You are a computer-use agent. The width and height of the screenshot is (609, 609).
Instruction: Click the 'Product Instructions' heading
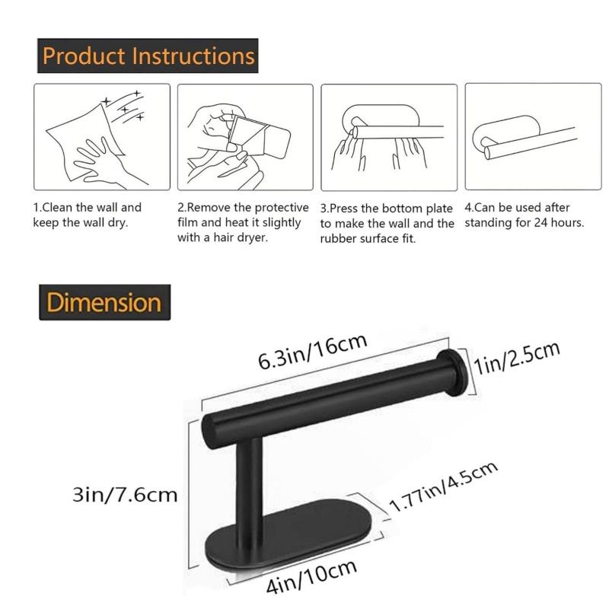point(148,56)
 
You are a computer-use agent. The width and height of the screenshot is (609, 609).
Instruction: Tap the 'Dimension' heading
point(104,302)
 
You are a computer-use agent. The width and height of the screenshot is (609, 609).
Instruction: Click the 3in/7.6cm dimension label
point(125,495)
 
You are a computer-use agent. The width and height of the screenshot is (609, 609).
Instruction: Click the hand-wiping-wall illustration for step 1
point(101,136)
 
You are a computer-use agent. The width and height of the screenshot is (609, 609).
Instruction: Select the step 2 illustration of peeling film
point(245,136)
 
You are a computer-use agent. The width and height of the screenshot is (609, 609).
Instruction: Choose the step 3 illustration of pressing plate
point(388,136)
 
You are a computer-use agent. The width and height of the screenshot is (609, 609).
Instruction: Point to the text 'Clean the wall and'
point(87,207)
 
